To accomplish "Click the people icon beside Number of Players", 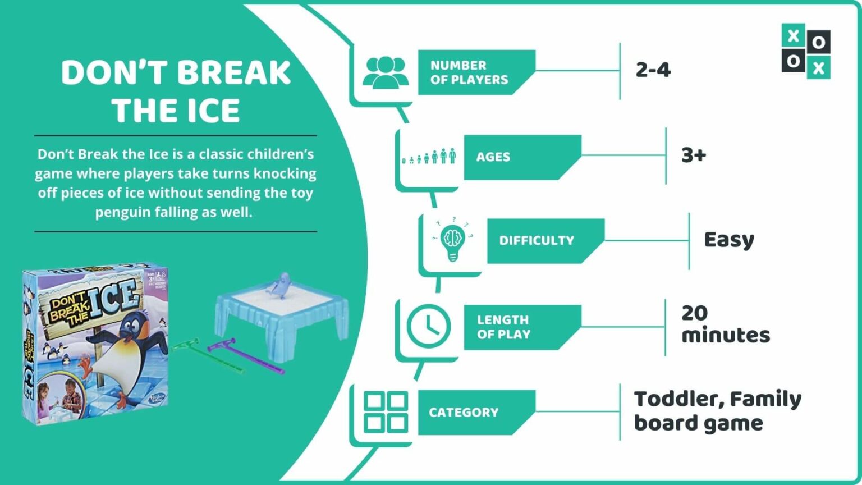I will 385,72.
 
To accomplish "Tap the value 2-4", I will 653,70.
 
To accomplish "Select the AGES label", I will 493,157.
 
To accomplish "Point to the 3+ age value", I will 694,155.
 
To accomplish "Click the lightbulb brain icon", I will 452,241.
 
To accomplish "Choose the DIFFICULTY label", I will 537,241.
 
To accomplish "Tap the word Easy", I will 729,240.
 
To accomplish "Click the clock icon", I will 428,326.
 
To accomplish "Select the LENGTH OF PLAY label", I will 503,327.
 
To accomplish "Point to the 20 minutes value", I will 725,324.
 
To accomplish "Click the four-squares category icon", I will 386,412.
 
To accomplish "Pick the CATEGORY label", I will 464,413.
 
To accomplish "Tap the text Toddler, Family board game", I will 717,411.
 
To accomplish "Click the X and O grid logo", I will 805,51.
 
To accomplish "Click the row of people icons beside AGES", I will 429,157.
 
